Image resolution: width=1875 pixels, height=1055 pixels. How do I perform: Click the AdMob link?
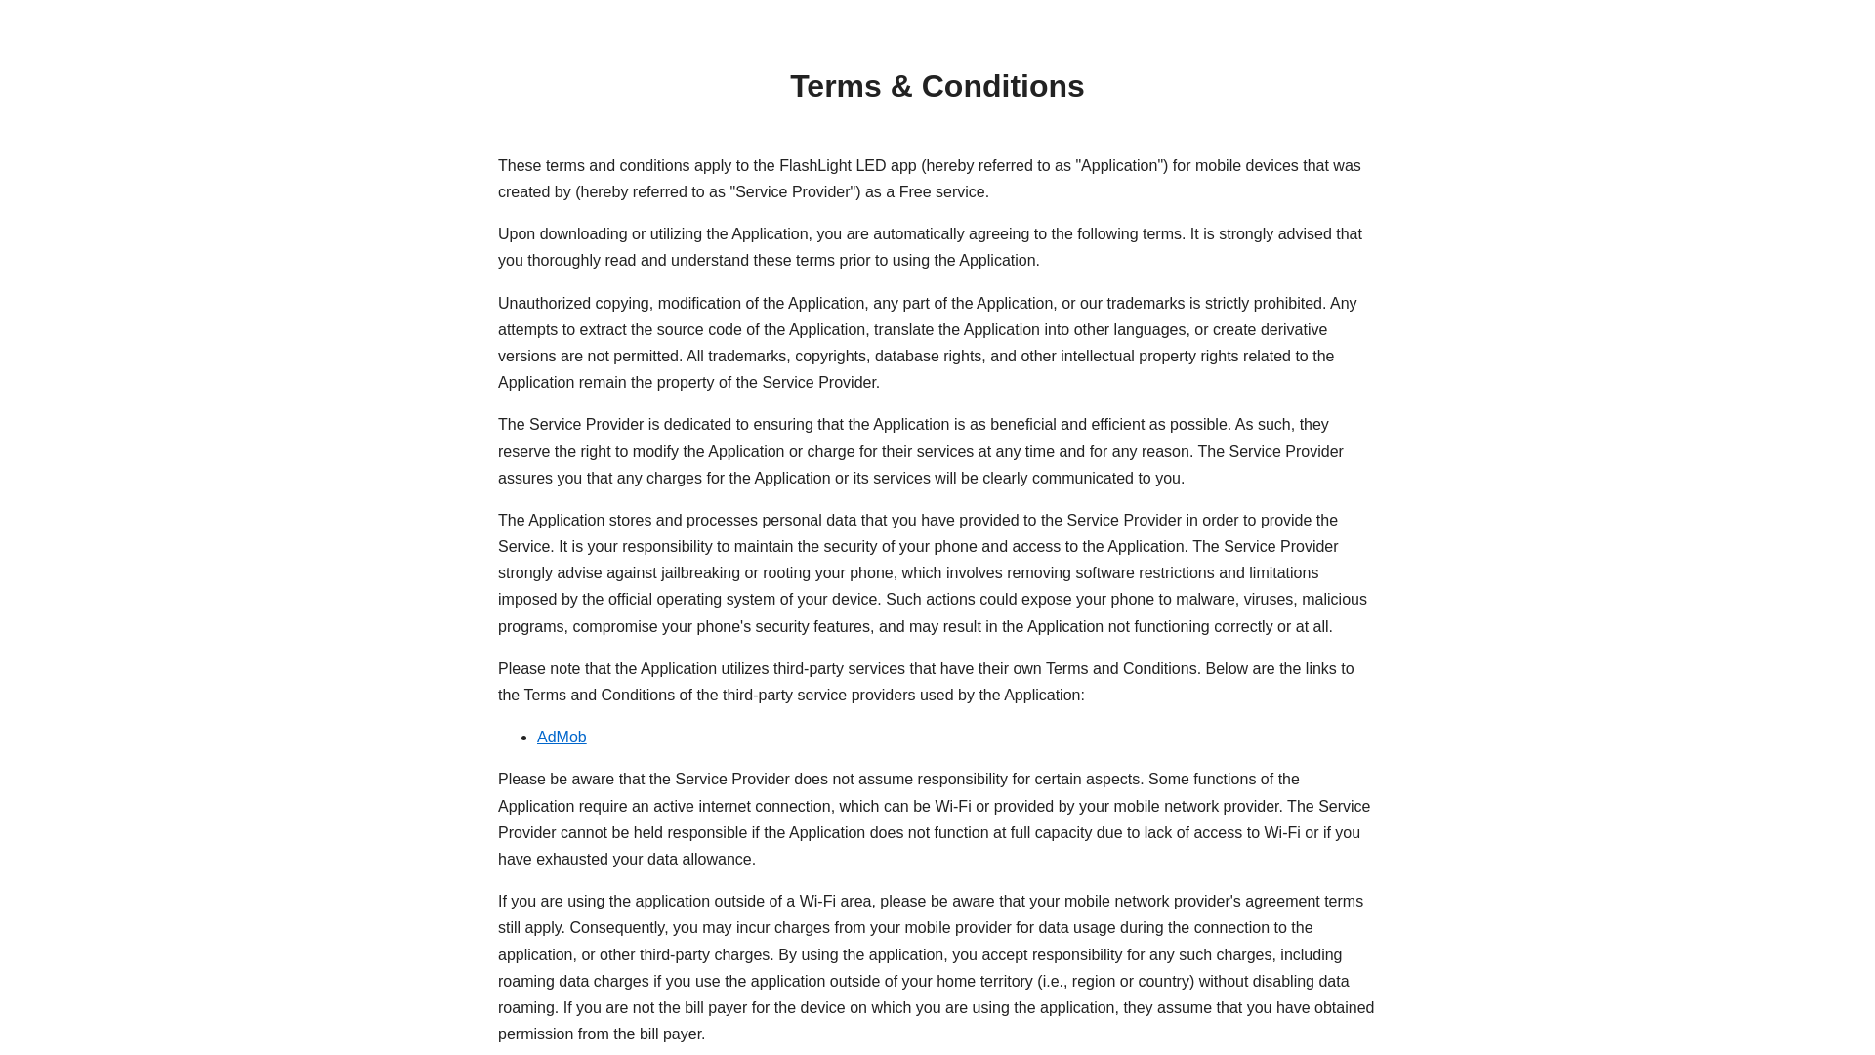tap(562, 738)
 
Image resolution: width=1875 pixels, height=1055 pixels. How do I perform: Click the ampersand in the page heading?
tap(902, 87)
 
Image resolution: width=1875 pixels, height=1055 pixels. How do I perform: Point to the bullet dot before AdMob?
tap(525, 738)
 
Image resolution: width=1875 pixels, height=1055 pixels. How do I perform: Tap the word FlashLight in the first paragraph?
tap(814, 166)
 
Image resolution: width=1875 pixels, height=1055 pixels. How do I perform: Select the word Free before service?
tap(915, 192)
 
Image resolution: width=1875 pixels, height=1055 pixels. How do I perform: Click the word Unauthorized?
tap(544, 304)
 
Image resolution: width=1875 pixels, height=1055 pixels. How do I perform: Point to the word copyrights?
tap(830, 357)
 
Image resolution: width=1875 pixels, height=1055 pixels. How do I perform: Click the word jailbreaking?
tap(700, 573)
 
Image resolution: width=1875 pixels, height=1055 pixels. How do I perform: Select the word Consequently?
tap(619, 928)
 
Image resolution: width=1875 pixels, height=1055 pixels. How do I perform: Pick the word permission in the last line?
tap(536, 1034)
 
